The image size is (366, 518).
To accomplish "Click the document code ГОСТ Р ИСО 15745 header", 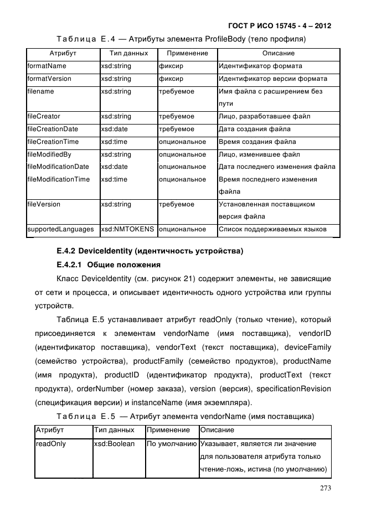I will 283,26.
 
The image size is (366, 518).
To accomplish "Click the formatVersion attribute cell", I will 49,79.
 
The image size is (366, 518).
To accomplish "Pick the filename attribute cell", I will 41,91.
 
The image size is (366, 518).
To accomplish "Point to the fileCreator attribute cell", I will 44,116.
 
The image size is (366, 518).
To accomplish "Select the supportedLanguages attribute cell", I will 61,229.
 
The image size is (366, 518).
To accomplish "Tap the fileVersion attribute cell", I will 44,204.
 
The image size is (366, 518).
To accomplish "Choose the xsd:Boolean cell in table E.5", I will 115,444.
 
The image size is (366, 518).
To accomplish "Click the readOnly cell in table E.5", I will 50,444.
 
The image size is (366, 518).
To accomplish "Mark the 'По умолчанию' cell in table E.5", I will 172,444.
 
